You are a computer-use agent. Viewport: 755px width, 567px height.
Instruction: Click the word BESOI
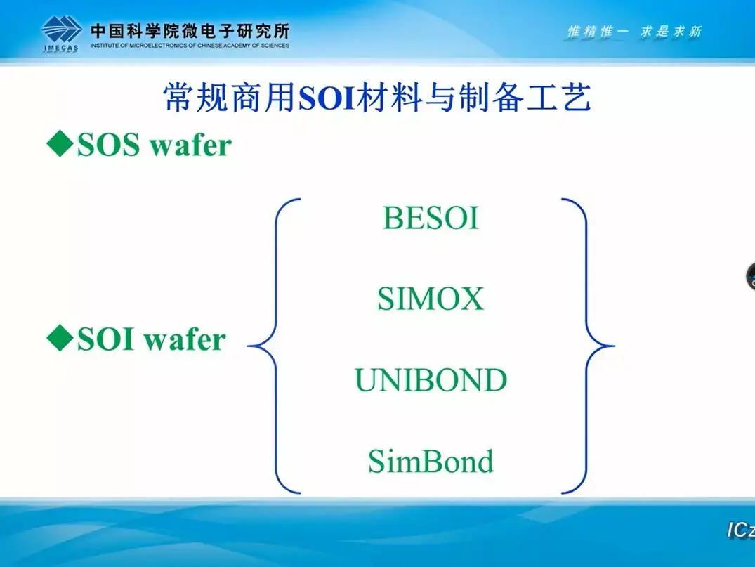pyautogui.click(x=431, y=218)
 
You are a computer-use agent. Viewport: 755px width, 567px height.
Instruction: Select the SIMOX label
pyautogui.click(x=431, y=299)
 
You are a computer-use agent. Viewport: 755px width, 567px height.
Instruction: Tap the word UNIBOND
pyautogui.click(x=431, y=380)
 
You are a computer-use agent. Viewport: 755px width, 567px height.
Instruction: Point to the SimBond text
pyautogui.click(x=431, y=462)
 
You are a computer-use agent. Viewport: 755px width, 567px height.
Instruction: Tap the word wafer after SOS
pyautogui.click(x=193, y=145)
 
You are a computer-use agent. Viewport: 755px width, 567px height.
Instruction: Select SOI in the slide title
pyautogui.click(x=327, y=99)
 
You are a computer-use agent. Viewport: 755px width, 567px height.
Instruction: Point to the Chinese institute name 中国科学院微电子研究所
pyautogui.click(x=190, y=30)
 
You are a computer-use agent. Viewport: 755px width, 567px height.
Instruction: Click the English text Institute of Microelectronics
pyautogui.click(x=190, y=46)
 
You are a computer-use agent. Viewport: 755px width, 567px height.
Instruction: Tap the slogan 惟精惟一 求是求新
pyautogui.click(x=634, y=32)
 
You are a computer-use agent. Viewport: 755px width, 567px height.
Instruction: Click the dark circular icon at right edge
pyautogui.click(x=749, y=276)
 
